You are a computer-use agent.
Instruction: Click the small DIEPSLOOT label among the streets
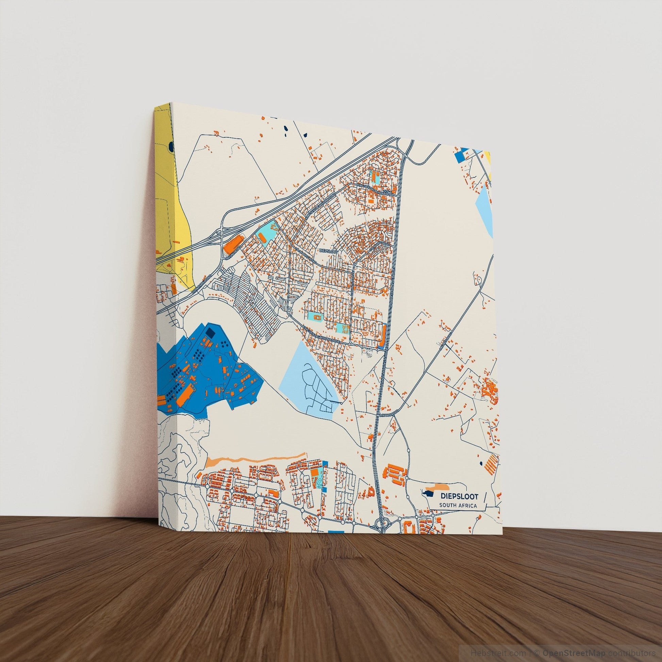click(x=328, y=251)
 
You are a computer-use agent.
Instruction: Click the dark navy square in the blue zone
click(x=210, y=333)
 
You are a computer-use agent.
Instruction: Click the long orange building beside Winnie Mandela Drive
click(x=383, y=335)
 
